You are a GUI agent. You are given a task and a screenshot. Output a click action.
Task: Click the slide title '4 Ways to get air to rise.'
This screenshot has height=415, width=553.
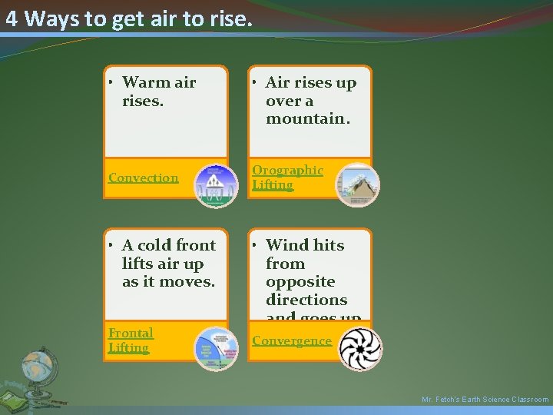pos(128,19)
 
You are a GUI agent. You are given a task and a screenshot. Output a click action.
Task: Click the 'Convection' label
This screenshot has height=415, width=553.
pos(143,178)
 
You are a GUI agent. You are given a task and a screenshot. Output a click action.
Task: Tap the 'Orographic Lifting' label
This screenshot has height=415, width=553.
pos(287,177)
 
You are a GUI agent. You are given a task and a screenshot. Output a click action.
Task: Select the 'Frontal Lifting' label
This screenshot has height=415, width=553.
pos(131,340)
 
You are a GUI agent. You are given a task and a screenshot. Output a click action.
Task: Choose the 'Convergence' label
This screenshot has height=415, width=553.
pos(292,340)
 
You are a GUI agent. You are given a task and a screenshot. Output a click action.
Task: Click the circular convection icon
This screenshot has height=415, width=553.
pos(216,186)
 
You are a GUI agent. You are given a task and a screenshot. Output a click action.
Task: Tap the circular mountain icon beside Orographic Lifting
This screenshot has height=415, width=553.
pos(357,184)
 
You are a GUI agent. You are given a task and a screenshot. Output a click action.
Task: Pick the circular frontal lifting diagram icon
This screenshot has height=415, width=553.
pos(216,348)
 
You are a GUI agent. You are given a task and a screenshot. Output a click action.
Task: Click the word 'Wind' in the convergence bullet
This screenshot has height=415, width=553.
pos(286,245)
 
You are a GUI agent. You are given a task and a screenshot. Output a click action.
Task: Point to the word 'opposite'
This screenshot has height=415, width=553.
pos(300,281)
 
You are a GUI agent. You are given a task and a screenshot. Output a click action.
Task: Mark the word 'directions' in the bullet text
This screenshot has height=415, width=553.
pos(306,300)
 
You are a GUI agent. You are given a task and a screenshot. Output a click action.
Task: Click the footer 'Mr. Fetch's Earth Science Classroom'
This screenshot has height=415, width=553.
pos(485,400)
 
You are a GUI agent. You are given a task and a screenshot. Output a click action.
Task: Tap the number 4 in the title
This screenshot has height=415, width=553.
pos(12,19)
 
